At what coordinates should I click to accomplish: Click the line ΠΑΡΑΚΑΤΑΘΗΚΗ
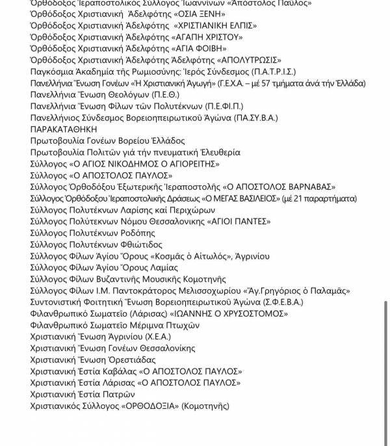60,129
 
